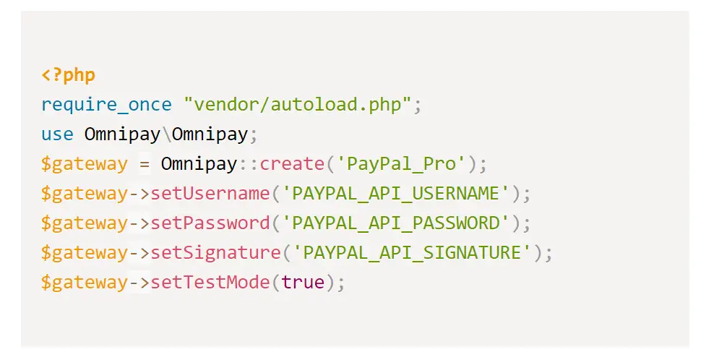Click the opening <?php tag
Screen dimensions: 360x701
(x=68, y=75)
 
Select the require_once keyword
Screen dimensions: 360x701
(x=106, y=105)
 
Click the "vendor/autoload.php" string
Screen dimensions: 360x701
(x=297, y=105)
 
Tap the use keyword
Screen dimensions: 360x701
(x=57, y=134)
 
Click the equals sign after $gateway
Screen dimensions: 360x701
(x=145, y=164)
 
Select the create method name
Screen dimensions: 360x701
(x=291, y=164)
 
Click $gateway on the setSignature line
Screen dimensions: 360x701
(x=84, y=253)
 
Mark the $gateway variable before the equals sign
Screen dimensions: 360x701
(x=84, y=164)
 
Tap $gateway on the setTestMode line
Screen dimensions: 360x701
(x=84, y=282)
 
